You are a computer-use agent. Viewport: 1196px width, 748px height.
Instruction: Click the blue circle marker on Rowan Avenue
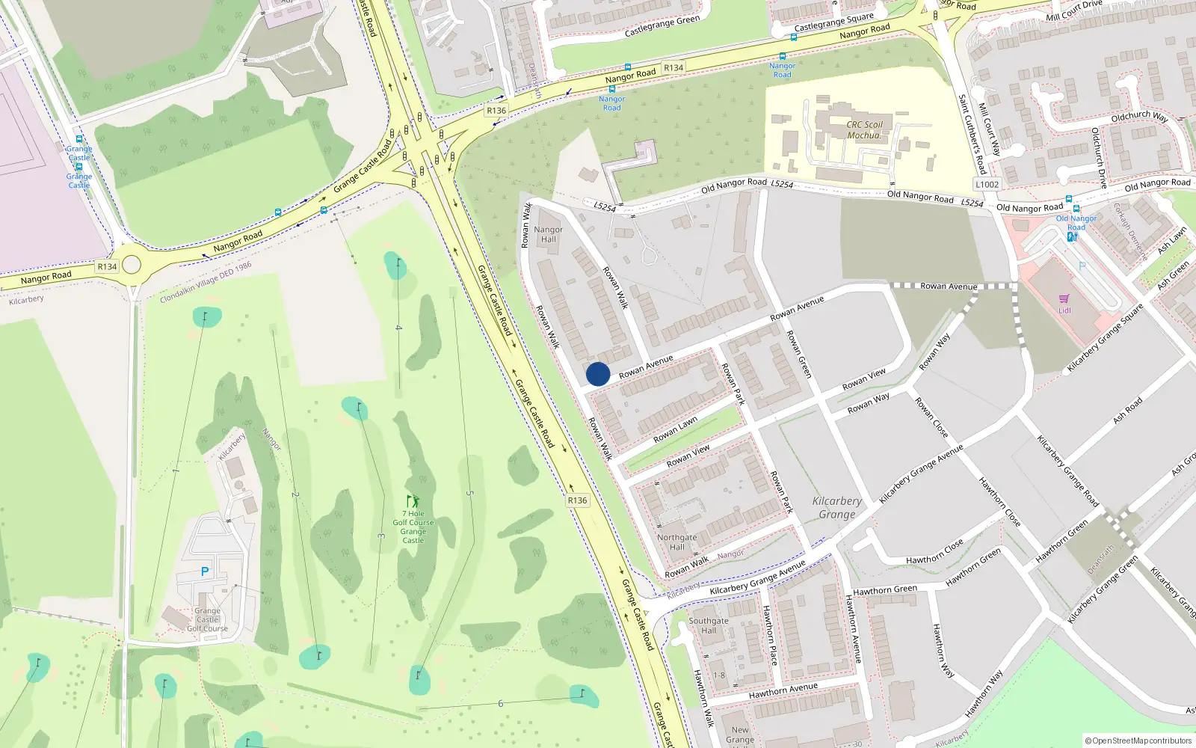(x=598, y=374)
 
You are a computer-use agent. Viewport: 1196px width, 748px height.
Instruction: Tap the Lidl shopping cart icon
(x=1064, y=299)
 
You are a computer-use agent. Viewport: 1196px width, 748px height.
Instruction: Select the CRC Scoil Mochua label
(x=864, y=130)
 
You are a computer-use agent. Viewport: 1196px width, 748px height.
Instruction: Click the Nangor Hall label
(x=549, y=235)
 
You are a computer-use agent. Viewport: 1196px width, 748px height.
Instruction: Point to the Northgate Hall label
(x=676, y=542)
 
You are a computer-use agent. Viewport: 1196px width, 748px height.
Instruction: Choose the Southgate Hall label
(x=708, y=625)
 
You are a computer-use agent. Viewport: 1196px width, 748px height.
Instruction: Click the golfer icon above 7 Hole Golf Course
(x=413, y=501)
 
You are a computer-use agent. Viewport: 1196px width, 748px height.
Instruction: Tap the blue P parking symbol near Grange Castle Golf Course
(x=205, y=571)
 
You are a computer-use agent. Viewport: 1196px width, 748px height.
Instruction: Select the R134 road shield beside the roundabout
(x=107, y=266)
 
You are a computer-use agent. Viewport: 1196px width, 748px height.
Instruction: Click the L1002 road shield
(x=987, y=184)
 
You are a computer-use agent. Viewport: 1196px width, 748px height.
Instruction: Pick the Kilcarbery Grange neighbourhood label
(x=836, y=508)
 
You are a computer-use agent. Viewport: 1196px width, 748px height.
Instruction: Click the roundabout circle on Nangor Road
(x=132, y=265)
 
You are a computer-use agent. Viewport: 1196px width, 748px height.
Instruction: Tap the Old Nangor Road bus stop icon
(x=1069, y=200)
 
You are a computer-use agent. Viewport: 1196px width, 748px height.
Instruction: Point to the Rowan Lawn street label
(x=675, y=430)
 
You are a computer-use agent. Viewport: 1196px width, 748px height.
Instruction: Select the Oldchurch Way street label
(x=1138, y=117)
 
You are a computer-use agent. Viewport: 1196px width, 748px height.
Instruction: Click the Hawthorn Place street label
(x=769, y=636)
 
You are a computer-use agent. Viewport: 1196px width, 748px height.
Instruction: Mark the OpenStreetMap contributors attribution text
(x=1138, y=741)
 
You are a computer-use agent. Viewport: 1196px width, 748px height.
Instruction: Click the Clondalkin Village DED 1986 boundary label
(x=206, y=283)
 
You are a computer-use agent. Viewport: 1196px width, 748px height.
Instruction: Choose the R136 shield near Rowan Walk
(x=577, y=500)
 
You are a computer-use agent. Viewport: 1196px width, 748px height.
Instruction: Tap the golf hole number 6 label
(x=500, y=703)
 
